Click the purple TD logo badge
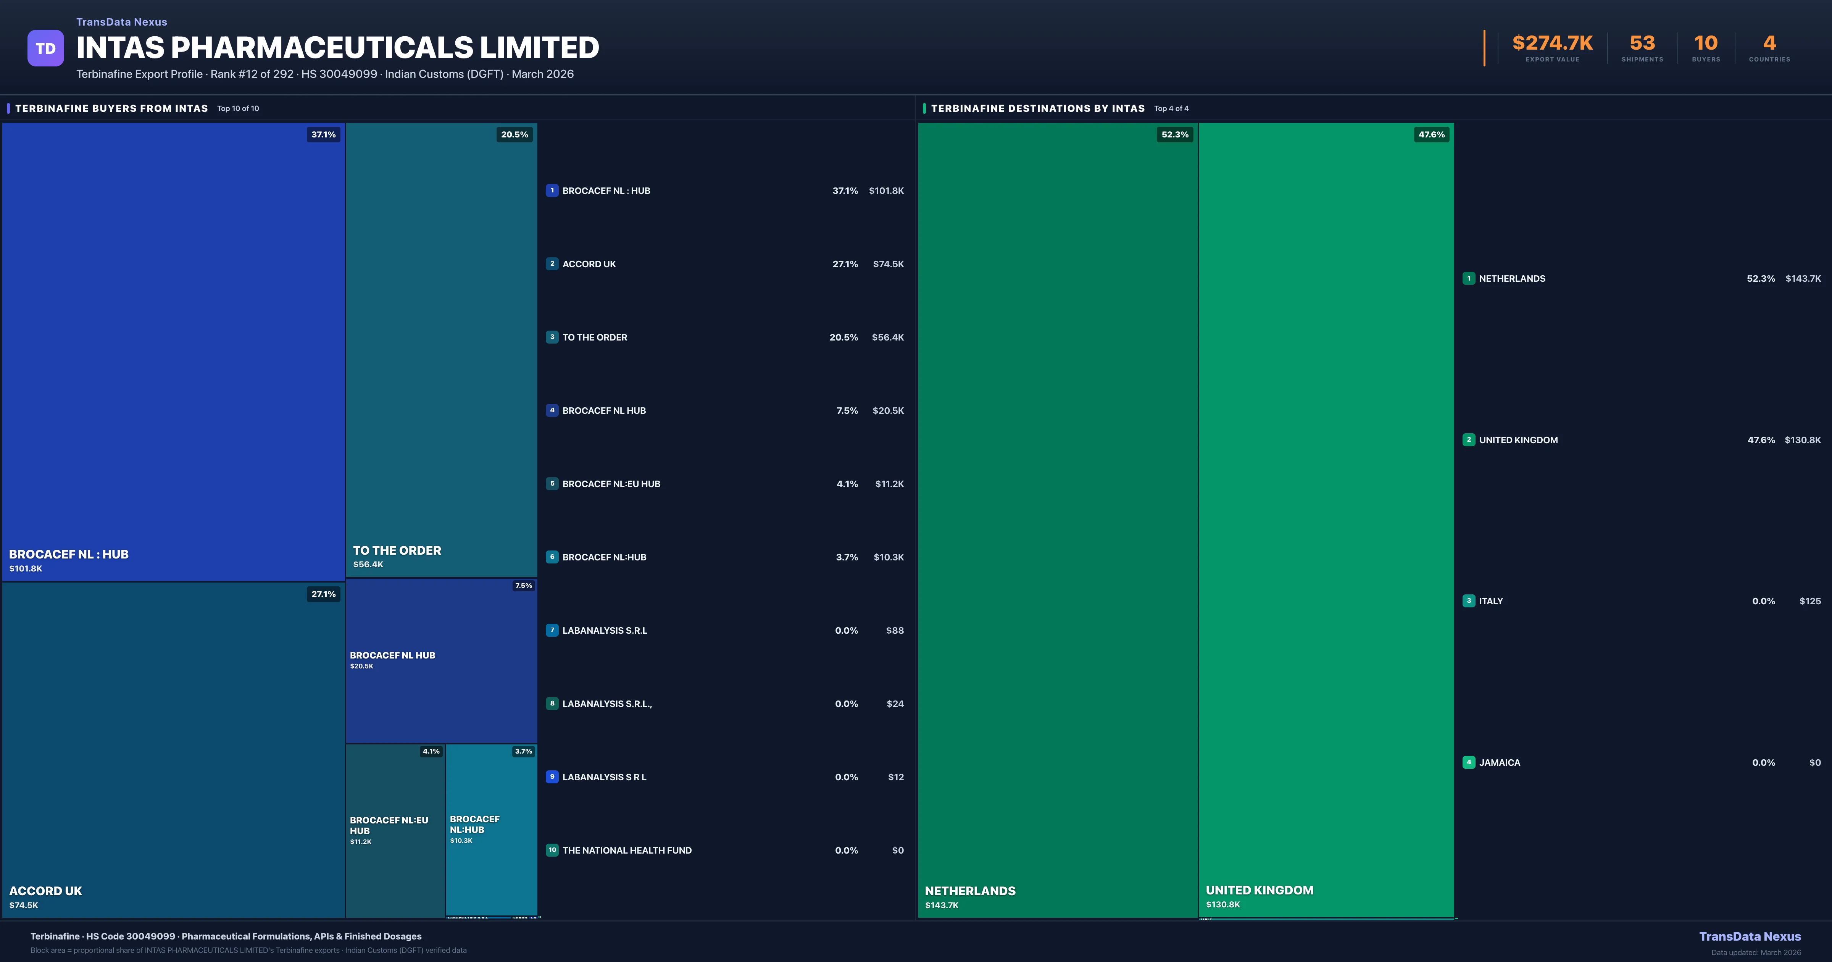coord(45,48)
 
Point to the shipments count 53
coord(1642,44)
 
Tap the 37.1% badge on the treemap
coord(324,134)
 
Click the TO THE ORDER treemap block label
coord(397,551)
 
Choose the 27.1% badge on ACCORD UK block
coord(324,594)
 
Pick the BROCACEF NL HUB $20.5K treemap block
coord(441,660)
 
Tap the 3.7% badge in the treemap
coord(523,751)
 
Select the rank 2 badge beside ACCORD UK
coord(552,264)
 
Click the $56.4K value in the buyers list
coord(887,337)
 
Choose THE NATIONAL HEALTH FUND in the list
coord(627,850)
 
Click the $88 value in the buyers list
coord(895,630)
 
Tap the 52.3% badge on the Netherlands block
coord(1175,134)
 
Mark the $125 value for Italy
coord(1810,601)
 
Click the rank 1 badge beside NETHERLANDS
coord(1469,278)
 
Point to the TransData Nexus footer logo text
coord(1750,936)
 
